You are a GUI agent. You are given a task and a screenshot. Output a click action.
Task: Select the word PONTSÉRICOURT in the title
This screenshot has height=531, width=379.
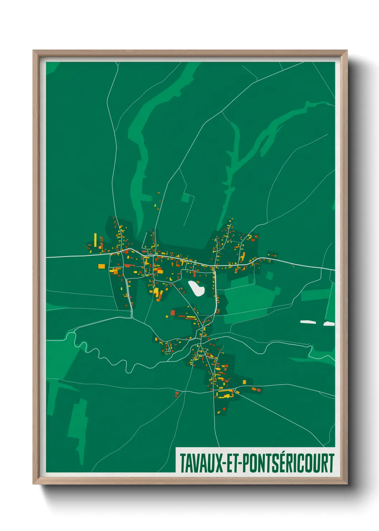(x=288, y=463)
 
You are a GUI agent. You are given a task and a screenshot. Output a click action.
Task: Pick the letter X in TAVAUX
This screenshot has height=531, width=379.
(x=216, y=463)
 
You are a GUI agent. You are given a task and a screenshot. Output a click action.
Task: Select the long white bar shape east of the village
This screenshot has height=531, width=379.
(x=308, y=322)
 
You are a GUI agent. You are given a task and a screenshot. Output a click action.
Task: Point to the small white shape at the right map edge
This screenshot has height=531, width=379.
(x=329, y=324)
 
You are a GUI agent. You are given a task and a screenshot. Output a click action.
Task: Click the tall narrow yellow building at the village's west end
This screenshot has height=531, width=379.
(x=95, y=240)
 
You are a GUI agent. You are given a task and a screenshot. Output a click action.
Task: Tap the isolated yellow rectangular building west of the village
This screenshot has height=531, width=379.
(x=102, y=266)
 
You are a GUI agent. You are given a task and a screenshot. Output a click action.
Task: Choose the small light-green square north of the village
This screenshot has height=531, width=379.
(x=186, y=197)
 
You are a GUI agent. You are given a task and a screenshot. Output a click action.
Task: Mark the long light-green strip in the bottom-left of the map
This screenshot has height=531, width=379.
(x=78, y=423)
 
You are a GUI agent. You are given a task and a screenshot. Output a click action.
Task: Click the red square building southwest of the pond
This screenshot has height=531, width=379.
(x=173, y=313)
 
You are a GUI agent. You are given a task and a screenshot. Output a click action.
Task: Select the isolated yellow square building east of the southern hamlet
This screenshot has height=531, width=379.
(x=245, y=382)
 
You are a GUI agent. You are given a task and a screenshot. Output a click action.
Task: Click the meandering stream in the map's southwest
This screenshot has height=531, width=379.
(x=107, y=357)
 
